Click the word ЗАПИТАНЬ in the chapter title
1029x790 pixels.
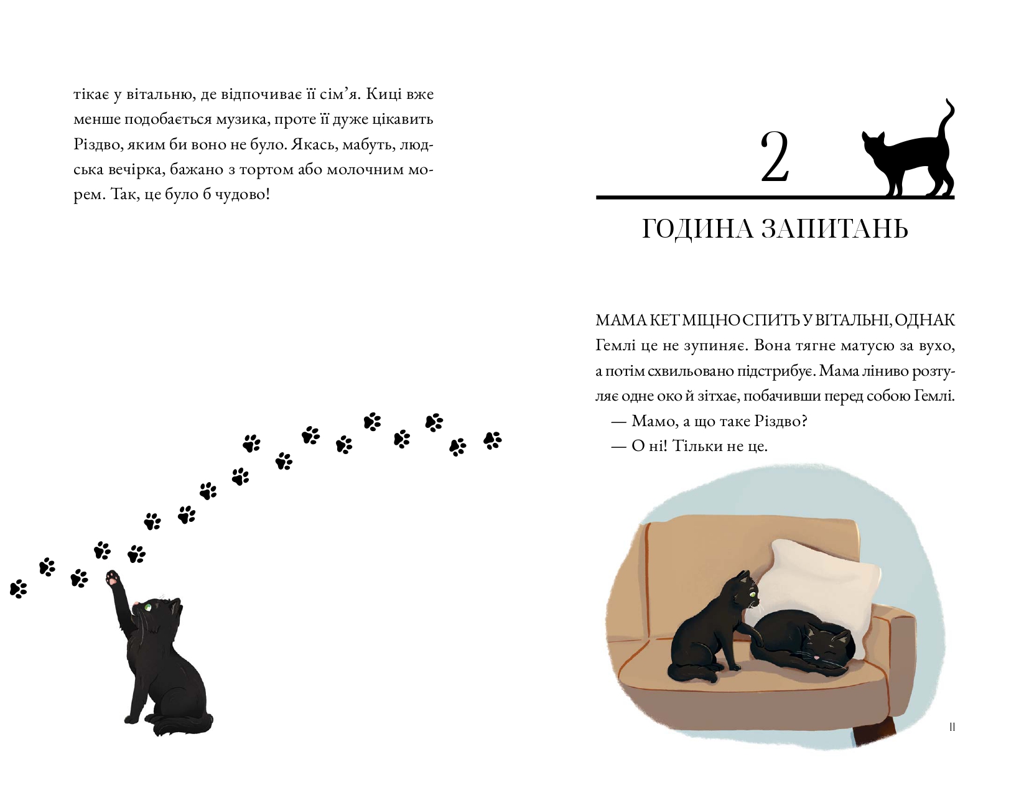[x=835, y=229]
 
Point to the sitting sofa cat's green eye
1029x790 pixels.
[x=752, y=593]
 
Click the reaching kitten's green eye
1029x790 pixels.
[x=148, y=606]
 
